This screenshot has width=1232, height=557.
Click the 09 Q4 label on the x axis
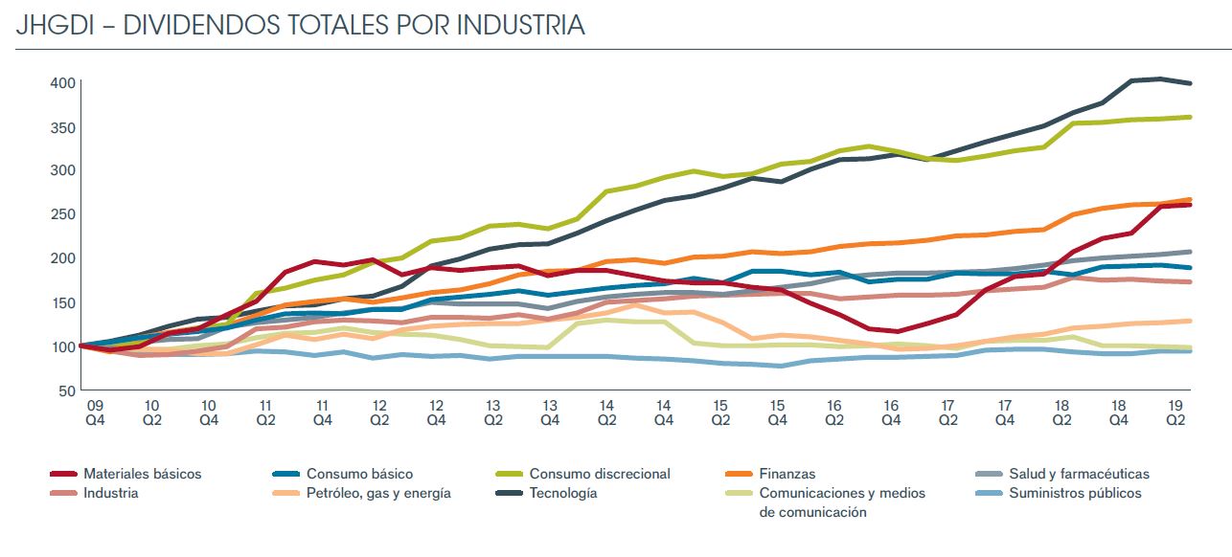[97, 412]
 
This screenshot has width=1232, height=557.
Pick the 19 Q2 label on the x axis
[1175, 412]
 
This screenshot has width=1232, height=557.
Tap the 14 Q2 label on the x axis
[606, 412]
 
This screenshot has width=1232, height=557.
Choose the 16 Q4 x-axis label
[891, 412]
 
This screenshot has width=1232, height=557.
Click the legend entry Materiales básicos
[142, 474]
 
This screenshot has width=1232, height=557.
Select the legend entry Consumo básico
[359, 474]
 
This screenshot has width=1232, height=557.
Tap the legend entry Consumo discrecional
[600, 474]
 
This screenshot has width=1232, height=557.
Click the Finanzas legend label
[787, 474]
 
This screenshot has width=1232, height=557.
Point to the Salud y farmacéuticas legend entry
[1079, 474]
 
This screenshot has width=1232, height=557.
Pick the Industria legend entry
[110, 494]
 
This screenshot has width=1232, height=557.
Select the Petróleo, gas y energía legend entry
[378, 494]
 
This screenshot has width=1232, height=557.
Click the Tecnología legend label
[563, 494]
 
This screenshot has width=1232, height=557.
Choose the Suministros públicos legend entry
[1075, 494]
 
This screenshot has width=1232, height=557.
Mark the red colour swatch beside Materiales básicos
[62, 474]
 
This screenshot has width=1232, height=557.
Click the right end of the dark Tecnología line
[1191, 83]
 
